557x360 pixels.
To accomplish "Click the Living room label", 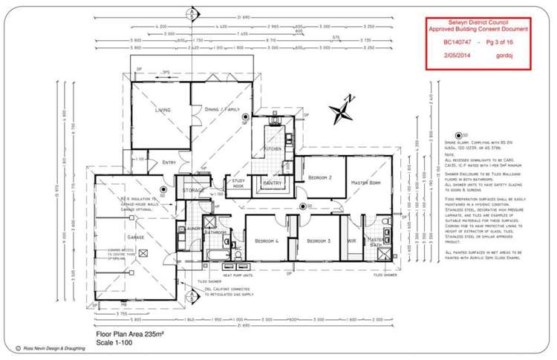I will pos(162,110).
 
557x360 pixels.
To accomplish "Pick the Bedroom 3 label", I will pos(319,241).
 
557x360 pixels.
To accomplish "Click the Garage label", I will pos(135,237).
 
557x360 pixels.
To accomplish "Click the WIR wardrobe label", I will pos(351,241).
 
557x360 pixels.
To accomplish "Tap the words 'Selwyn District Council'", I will pos(478,22).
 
